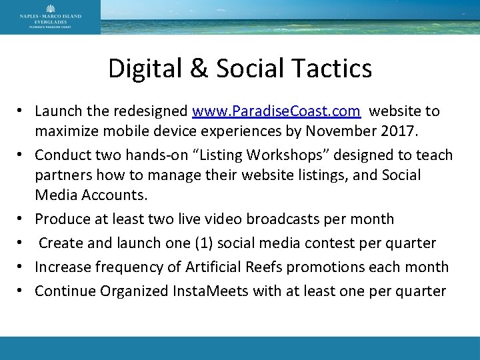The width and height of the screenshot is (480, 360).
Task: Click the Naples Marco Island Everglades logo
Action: (50, 17)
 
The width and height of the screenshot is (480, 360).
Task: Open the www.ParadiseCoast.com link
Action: (276, 110)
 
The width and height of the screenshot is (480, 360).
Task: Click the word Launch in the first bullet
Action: (59, 110)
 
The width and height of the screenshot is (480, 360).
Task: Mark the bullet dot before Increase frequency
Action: (22, 267)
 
